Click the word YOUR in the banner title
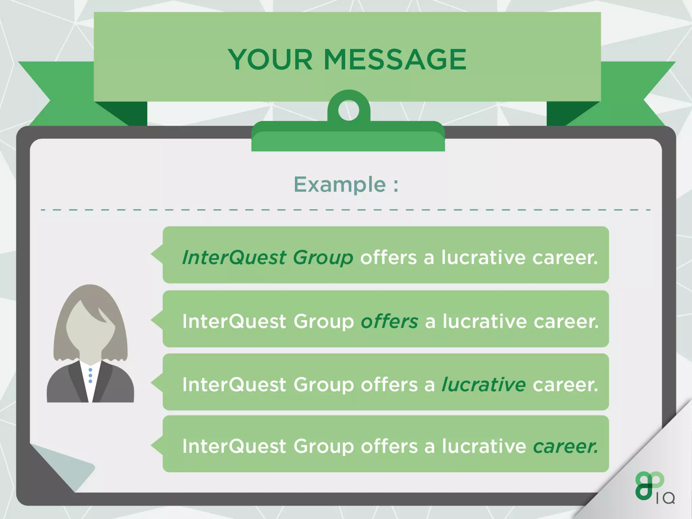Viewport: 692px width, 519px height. [x=270, y=59]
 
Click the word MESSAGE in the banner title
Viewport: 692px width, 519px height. [x=395, y=59]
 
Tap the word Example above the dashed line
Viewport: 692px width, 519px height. [x=339, y=184]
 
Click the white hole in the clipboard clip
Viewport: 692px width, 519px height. [x=348, y=110]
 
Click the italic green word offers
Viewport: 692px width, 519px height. [x=389, y=321]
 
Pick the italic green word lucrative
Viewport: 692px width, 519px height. [x=484, y=385]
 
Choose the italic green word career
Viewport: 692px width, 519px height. [x=565, y=446]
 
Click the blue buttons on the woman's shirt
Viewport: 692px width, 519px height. [x=90, y=376]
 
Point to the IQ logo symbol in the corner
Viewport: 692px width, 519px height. [x=649, y=485]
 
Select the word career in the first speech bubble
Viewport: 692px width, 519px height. [x=565, y=258]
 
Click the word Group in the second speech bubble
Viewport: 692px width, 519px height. [x=323, y=321]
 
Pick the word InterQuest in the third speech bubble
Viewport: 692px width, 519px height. [x=234, y=385]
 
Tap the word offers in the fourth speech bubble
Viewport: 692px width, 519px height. [x=389, y=446]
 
